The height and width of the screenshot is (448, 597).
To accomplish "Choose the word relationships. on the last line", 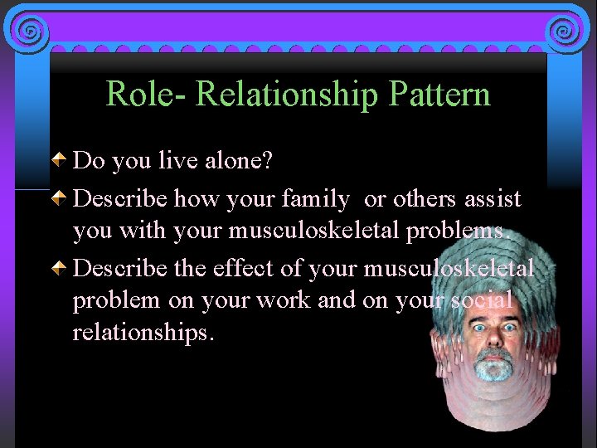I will pyautogui.click(x=143, y=333).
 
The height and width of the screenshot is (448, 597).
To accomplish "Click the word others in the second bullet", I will pyautogui.click(x=424, y=200).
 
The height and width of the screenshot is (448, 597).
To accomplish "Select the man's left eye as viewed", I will pyautogui.click(x=480, y=327).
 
